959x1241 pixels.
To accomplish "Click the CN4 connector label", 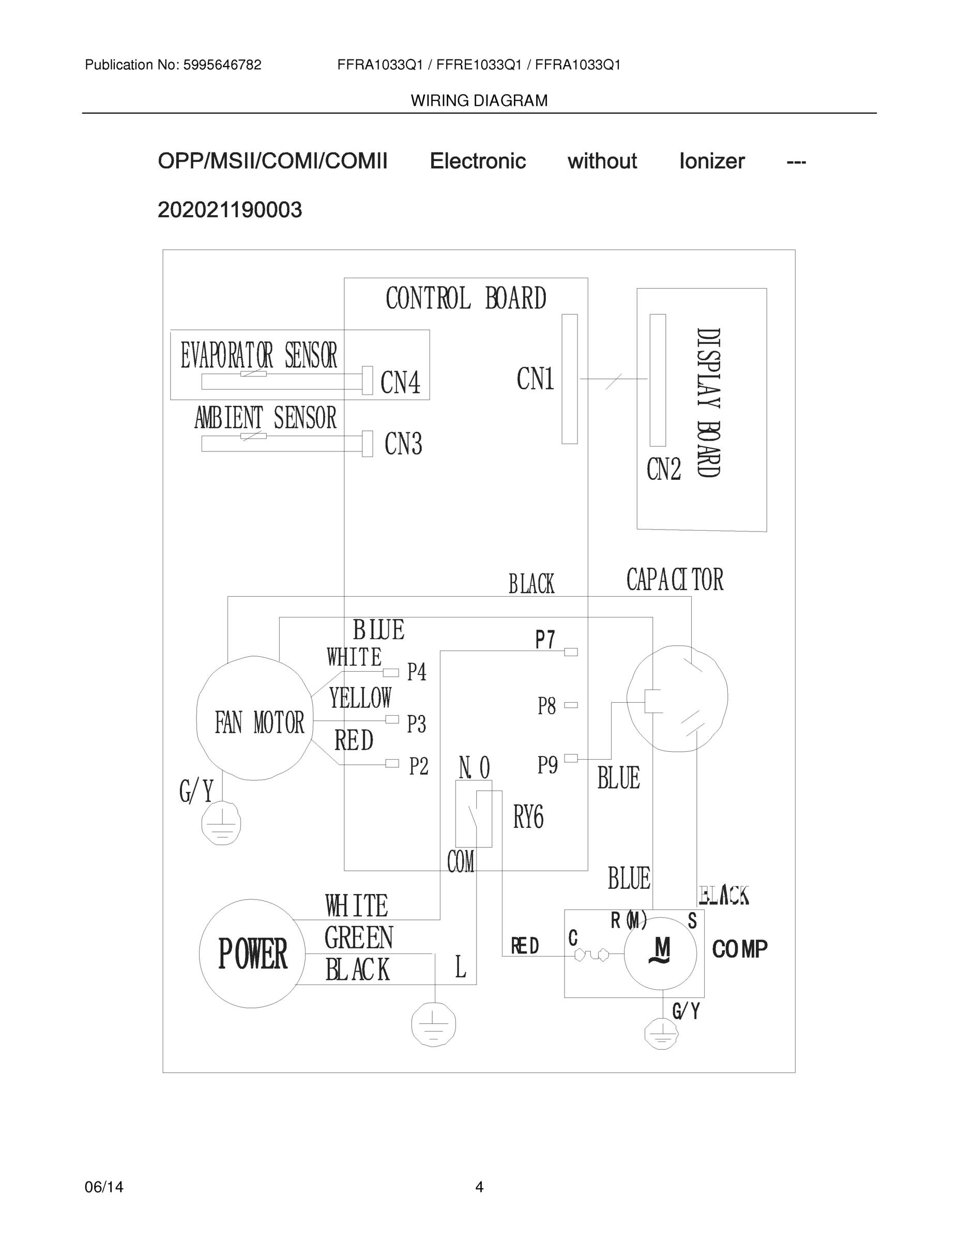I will pos(400,383).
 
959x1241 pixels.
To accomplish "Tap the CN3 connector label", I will pos(403,444).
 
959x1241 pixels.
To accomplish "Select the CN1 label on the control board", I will pos(535,379).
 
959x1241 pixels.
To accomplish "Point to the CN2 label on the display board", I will pos(663,470).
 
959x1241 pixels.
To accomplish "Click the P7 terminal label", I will pos(545,640).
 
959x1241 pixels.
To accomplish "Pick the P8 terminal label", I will pos(546,706).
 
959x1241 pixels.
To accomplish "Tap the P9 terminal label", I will pos(547,765).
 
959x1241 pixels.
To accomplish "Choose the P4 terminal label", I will pos(417,672).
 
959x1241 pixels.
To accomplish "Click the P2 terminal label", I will pos(418,766).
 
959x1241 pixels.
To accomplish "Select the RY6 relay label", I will pos(528,818).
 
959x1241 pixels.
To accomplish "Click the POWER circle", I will pos(252,954).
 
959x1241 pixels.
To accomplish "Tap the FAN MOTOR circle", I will pos(254,719).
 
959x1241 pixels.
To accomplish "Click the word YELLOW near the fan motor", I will pos(360,699).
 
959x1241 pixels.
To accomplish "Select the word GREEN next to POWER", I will pos(358,938).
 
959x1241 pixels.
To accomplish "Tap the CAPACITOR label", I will pos(674,580).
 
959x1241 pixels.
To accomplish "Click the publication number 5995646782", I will pos(222,65).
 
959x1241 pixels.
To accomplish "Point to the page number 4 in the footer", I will pos(479,1187).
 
